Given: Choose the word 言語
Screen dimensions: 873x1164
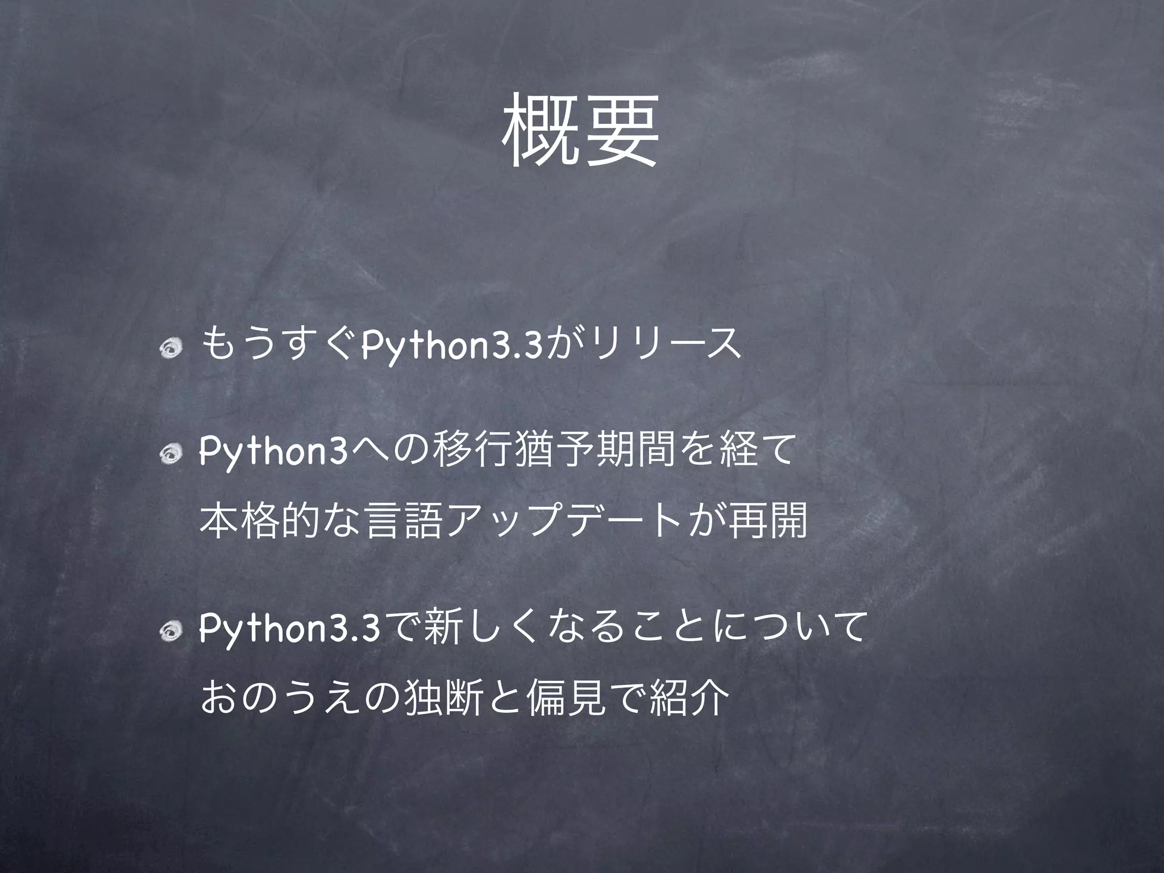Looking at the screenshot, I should click(404, 521).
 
